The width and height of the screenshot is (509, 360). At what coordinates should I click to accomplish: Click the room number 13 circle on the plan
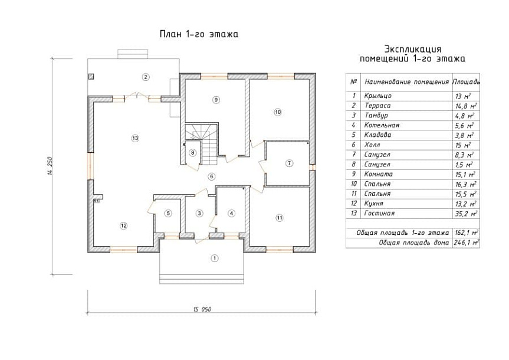tap(135, 138)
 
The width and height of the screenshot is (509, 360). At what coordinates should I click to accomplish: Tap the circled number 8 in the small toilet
tap(193, 152)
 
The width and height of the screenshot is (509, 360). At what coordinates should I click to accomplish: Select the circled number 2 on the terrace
tap(146, 77)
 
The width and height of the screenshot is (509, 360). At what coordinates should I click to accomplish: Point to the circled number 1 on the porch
tap(214, 258)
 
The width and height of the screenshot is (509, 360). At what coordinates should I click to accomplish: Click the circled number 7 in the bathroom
tap(289, 163)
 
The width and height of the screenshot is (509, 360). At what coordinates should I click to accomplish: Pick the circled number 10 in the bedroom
tap(278, 112)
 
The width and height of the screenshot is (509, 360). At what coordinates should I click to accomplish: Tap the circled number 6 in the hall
tap(212, 176)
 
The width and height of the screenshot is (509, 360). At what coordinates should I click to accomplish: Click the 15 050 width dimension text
tap(202, 309)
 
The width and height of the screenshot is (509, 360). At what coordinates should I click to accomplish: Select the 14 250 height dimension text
tap(50, 166)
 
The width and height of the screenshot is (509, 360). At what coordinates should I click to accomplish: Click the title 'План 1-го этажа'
tap(199, 34)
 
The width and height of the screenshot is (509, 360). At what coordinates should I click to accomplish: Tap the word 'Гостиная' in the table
tap(379, 214)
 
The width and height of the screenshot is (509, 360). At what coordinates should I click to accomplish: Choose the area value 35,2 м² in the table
tap(466, 214)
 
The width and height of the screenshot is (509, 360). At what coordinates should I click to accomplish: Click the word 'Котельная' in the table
tap(382, 125)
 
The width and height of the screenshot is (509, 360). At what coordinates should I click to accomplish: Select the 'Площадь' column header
tap(466, 81)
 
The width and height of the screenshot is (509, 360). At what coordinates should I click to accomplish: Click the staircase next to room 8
tap(205, 143)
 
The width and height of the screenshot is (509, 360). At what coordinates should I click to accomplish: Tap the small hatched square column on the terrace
tap(91, 77)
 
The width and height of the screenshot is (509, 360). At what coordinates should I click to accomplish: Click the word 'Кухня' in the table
tap(373, 204)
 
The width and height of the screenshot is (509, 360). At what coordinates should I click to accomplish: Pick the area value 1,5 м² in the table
tap(464, 165)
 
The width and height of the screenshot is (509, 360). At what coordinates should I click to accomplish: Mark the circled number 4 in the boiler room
tap(231, 214)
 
